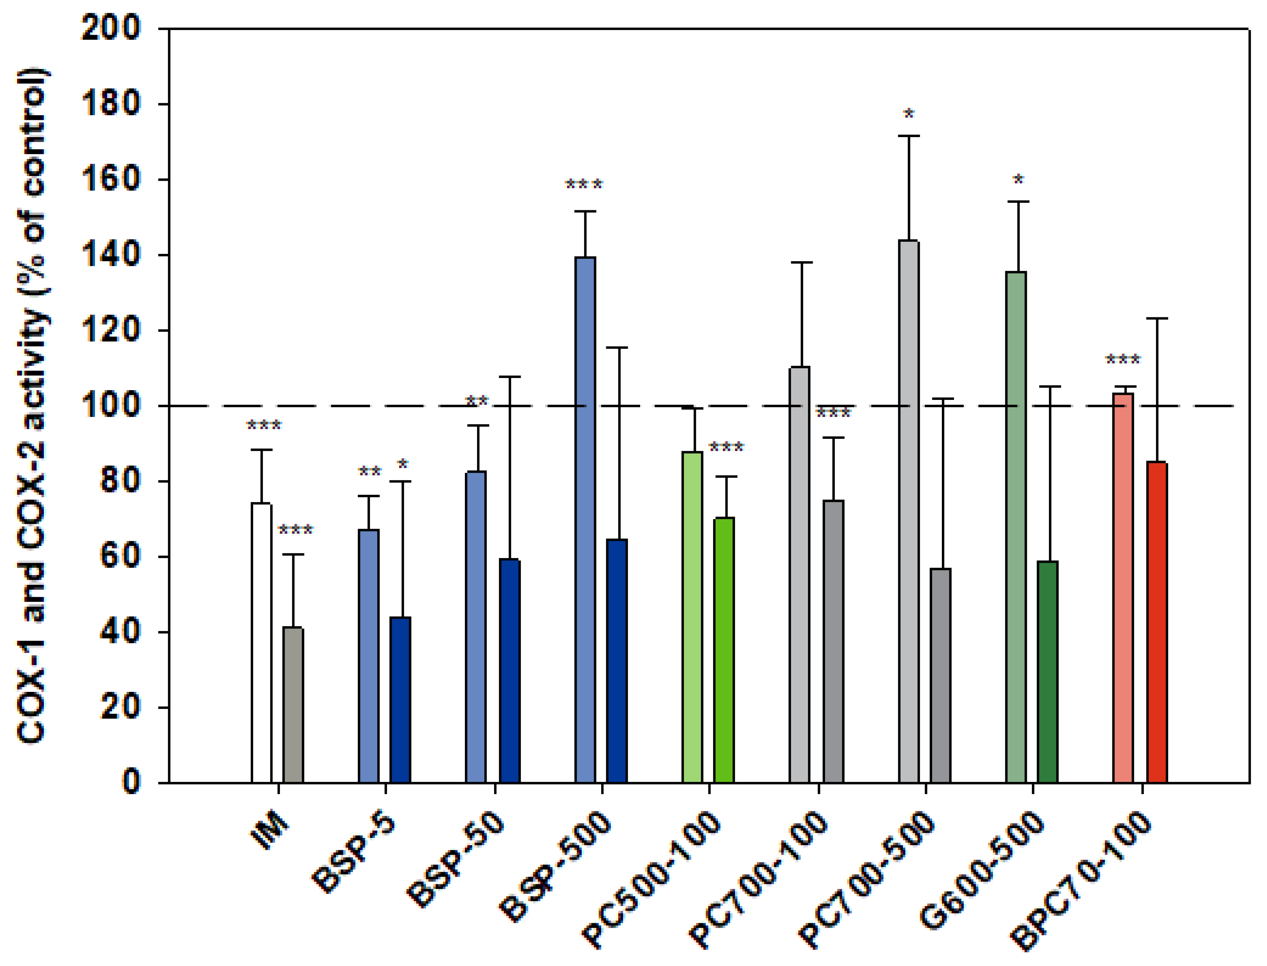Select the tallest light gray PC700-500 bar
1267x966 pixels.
coord(909,512)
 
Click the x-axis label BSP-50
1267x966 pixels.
coord(455,860)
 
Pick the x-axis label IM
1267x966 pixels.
coord(270,831)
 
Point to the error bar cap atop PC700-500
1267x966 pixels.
coord(909,136)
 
